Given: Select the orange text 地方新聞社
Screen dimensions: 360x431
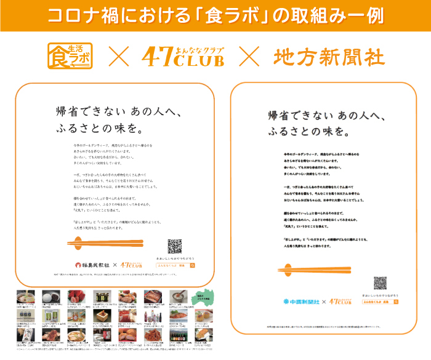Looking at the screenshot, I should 329,57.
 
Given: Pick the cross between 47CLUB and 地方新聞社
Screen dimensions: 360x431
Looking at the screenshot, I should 248,57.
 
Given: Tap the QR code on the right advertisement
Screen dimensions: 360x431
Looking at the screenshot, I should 380,284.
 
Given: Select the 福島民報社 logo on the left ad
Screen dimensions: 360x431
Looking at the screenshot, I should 92,266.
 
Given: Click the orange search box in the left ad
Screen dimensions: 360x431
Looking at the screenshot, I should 175,265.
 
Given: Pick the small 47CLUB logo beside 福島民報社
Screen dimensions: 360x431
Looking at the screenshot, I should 131,266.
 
